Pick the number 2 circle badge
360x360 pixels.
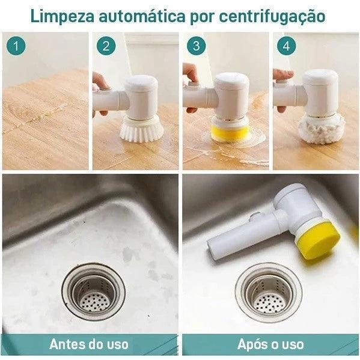click(106, 45)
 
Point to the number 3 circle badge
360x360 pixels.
click(197, 45)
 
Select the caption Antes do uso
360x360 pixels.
click(90, 344)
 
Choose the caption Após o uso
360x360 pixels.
click(270, 344)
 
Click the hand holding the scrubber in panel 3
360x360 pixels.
click(191, 76)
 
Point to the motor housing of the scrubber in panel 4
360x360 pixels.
click(319, 93)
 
